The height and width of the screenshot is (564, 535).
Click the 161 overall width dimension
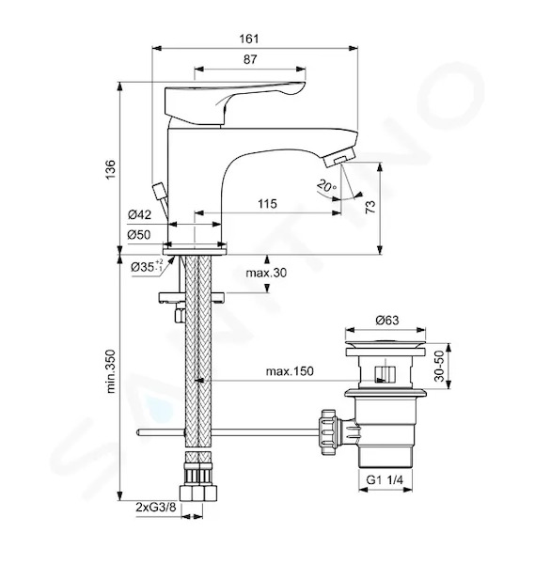(x=249, y=39)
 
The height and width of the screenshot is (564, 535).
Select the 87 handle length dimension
(x=250, y=59)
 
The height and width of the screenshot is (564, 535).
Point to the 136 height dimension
(x=110, y=169)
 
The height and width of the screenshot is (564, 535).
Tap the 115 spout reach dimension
(x=267, y=204)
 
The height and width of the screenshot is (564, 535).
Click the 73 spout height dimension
(x=370, y=207)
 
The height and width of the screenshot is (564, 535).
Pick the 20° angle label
(x=326, y=186)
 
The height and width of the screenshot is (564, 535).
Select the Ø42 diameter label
(x=139, y=214)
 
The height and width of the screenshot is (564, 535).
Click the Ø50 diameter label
(x=139, y=235)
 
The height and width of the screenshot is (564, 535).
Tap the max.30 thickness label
(x=266, y=273)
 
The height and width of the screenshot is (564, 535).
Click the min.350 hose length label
(x=111, y=371)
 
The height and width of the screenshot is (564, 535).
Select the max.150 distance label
(x=290, y=371)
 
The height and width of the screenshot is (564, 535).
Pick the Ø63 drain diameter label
(x=387, y=320)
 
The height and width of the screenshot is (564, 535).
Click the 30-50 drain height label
(x=440, y=366)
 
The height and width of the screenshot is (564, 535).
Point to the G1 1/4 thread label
(x=385, y=479)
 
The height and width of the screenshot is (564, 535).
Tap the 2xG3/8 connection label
(x=156, y=508)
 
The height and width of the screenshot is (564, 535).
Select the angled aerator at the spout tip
(x=339, y=158)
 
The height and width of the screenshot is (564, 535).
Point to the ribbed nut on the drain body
(x=329, y=432)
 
